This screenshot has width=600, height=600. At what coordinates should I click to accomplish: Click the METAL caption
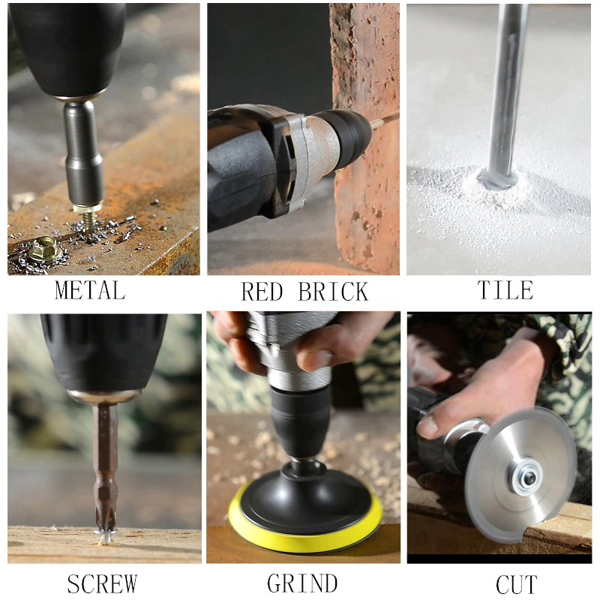point(89,289)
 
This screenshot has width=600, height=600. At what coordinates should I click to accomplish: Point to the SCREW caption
point(102,582)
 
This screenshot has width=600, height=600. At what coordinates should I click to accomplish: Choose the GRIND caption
point(301,583)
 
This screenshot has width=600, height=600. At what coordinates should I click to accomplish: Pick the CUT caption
point(517,583)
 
